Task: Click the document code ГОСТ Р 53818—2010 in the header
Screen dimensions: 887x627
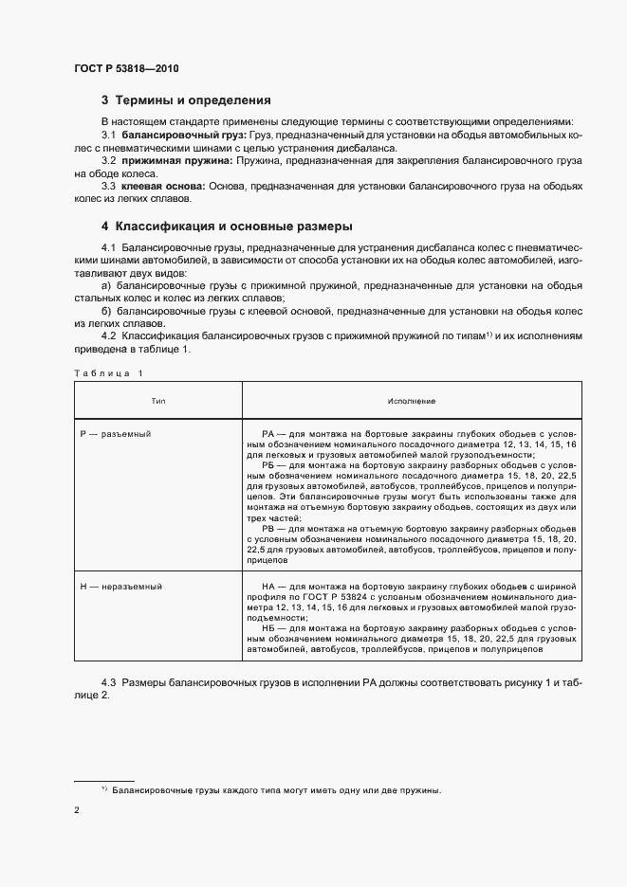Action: (x=126, y=69)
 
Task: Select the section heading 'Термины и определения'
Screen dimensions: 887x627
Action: (x=193, y=100)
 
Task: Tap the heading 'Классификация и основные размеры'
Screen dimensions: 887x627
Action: (x=233, y=226)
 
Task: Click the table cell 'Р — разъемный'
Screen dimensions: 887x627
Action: (x=117, y=432)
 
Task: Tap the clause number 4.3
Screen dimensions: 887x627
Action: (x=110, y=682)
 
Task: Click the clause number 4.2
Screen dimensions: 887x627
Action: (x=110, y=335)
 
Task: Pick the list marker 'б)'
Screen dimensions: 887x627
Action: (x=106, y=310)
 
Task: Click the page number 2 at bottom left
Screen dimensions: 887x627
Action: (x=77, y=811)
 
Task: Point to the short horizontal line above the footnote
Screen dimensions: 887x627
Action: (x=104, y=781)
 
